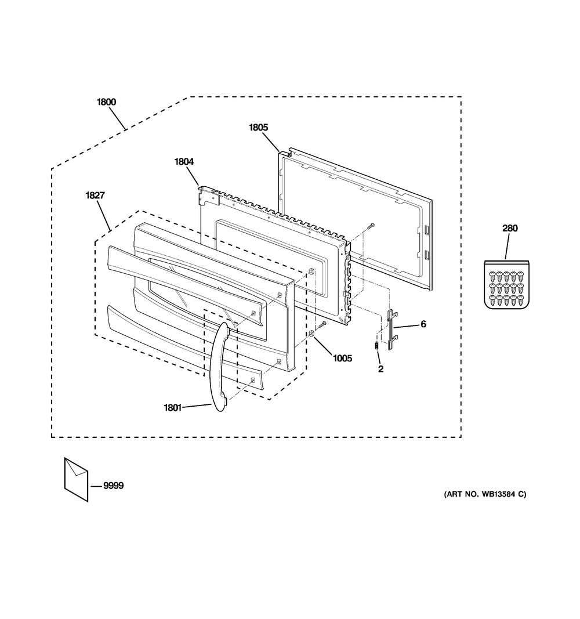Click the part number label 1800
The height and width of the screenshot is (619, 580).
[106, 102]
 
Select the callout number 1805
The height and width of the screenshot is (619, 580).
[259, 127]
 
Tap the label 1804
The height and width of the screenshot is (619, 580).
[184, 162]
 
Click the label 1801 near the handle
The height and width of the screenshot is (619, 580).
[172, 407]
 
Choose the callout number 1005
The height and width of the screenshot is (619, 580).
[342, 359]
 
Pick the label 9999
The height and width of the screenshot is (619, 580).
[114, 486]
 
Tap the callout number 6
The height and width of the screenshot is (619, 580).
[423, 324]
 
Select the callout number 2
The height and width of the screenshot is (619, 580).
[380, 368]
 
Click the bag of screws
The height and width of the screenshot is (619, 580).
[506, 285]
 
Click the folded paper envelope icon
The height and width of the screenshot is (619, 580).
[76, 477]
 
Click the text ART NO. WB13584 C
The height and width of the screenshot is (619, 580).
[485, 494]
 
